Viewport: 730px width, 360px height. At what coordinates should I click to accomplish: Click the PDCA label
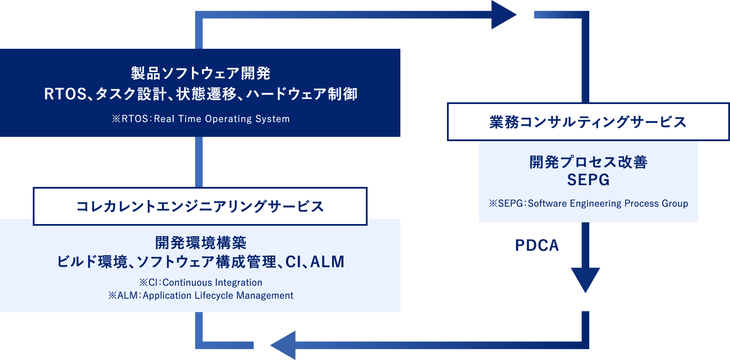tap(537, 245)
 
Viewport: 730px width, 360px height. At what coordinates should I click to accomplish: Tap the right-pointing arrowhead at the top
tap(503, 15)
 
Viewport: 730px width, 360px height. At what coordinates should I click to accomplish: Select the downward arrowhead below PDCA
tap(585, 279)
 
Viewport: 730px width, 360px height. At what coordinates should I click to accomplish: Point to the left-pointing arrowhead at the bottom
tap(284, 345)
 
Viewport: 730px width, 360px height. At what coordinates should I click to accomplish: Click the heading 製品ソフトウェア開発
tap(201, 73)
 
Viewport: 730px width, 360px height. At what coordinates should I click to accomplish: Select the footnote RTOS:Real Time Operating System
tap(201, 119)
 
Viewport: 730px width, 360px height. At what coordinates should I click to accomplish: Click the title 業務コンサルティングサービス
tap(588, 122)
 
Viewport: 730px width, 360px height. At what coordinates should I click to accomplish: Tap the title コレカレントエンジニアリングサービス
tap(200, 206)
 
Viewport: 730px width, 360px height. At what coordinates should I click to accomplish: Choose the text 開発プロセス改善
tap(588, 162)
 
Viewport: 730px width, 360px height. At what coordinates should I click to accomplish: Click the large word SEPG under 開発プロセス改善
tap(588, 180)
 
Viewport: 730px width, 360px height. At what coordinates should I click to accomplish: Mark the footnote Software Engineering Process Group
tap(588, 203)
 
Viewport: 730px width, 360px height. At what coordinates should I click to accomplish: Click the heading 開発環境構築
tap(201, 243)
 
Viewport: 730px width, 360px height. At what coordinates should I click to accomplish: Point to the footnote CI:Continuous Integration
tap(201, 282)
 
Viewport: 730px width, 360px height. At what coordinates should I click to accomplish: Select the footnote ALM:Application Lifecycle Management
tap(201, 295)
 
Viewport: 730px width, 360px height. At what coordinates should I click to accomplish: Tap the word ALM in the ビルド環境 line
tap(327, 262)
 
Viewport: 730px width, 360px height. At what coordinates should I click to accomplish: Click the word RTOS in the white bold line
tap(65, 94)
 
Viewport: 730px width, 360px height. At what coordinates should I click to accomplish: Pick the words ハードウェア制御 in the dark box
tap(302, 94)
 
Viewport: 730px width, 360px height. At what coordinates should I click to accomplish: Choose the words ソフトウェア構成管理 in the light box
tap(207, 262)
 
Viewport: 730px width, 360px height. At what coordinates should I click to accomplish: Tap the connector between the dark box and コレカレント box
tap(199, 162)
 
